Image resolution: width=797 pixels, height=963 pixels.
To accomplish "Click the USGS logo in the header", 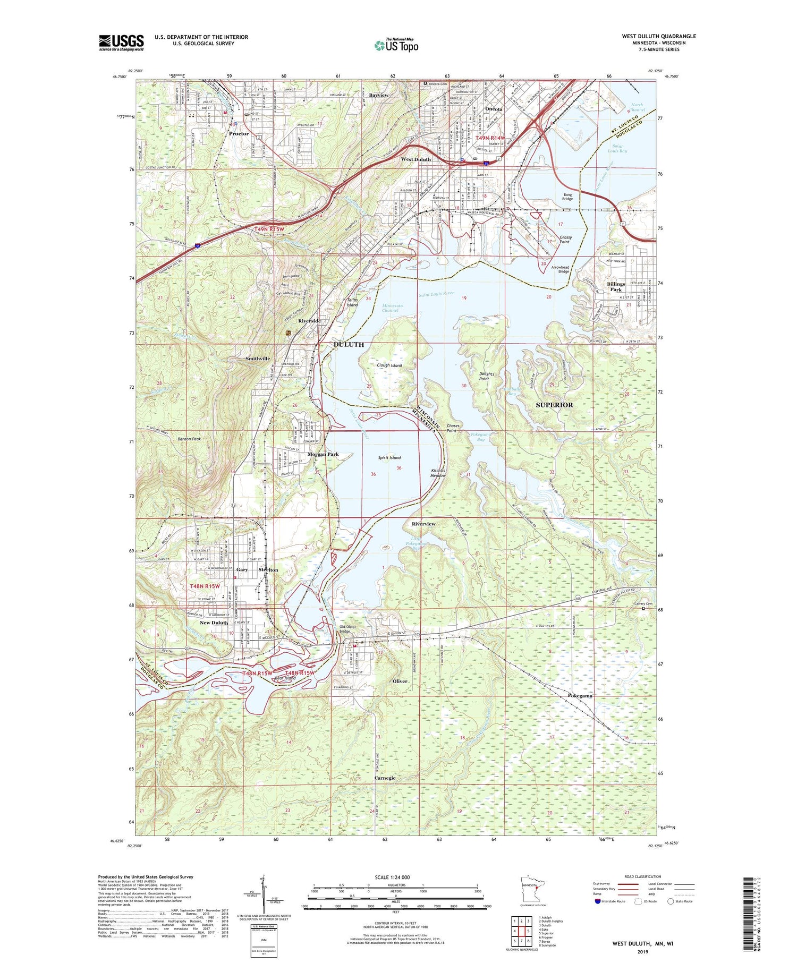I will (x=121, y=42).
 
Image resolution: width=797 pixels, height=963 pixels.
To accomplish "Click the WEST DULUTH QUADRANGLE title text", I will (x=659, y=37).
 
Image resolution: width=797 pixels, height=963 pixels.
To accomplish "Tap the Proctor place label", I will (x=239, y=134).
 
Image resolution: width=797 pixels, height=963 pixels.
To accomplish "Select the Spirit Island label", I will (x=389, y=457).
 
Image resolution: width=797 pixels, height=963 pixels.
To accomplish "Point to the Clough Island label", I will (x=389, y=365).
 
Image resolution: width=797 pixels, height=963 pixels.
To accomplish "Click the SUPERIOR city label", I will (x=554, y=405).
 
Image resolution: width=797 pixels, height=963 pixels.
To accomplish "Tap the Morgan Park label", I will (x=323, y=454).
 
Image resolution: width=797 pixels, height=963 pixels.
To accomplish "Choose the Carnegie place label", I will (x=385, y=778).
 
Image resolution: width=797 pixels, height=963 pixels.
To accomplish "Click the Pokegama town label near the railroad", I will (x=580, y=695).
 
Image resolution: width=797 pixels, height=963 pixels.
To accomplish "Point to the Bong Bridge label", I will (x=567, y=197).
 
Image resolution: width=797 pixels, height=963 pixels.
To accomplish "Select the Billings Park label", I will (x=616, y=287).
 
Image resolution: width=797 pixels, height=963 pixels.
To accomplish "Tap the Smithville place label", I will (x=258, y=359).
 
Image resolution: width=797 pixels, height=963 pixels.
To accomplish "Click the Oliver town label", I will (x=400, y=681).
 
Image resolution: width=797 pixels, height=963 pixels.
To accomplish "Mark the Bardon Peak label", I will (x=189, y=439).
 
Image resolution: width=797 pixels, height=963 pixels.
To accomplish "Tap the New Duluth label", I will (x=214, y=623).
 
